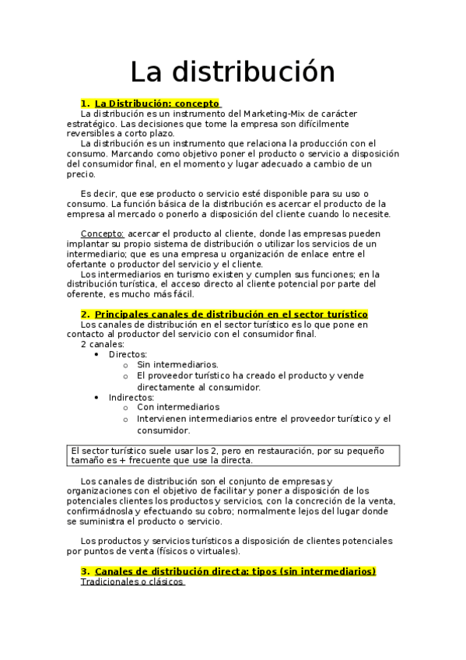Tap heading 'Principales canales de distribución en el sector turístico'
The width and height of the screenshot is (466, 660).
(231, 314)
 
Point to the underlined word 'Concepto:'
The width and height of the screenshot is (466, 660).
(102, 233)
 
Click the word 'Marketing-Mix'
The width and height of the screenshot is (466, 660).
(275, 114)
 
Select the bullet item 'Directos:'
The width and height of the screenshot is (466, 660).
(128, 354)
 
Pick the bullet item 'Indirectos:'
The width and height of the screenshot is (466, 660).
(131, 397)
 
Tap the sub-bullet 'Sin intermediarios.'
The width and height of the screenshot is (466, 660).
(177, 364)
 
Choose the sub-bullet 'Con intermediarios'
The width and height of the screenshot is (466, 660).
(178, 407)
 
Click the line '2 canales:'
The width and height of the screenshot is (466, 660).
(102, 344)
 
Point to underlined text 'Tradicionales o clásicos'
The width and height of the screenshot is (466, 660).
(131, 581)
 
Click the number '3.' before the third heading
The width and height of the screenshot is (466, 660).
(85, 571)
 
